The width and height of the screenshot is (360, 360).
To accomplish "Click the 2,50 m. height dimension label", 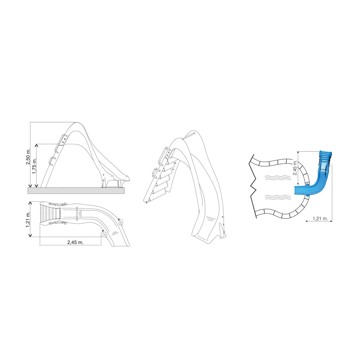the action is pyautogui.click(x=28, y=157).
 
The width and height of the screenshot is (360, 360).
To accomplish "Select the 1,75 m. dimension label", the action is pyautogui.click(x=34, y=166).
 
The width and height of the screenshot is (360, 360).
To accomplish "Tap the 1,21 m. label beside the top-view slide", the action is pyautogui.click(x=28, y=219).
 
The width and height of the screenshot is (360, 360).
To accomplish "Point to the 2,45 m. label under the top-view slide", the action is pyautogui.click(x=75, y=242).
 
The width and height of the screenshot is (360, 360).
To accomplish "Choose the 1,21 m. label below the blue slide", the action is pyautogui.click(x=320, y=218).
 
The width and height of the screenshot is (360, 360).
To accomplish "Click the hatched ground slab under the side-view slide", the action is pyautogui.click(x=76, y=190).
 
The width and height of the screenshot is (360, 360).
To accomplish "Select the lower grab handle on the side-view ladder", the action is pyautogui.click(x=52, y=161).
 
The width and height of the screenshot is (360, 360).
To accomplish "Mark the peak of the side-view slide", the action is pyautogui.click(x=77, y=123).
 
